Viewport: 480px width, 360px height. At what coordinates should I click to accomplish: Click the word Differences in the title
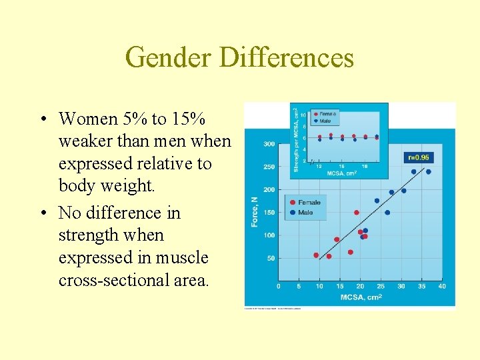click(x=286, y=57)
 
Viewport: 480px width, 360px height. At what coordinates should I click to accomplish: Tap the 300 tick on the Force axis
click(x=269, y=144)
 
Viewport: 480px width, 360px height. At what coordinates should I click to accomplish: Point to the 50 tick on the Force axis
click(x=270, y=258)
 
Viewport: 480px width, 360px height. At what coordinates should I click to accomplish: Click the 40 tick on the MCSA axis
click(x=441, y=287)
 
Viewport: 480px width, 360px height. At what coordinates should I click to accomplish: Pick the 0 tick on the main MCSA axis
click(x=279, y=287)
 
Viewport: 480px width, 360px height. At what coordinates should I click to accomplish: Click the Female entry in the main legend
click(x=308, y=203)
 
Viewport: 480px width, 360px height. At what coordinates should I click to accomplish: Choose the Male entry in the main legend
click(x=305, y=213)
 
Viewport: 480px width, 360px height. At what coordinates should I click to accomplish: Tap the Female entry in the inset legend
click(x=327, y=114)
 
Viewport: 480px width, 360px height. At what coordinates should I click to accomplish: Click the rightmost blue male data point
click(x=428, y=172)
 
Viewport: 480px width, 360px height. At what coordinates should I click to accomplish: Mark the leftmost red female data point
click(x=316, y=255)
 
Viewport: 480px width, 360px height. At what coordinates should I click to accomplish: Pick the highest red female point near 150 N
click(x=356, y=213)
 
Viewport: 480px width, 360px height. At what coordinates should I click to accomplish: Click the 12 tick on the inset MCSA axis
click(x=319, y=166)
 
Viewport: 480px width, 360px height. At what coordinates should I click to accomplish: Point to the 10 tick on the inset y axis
click(x=303, y=115)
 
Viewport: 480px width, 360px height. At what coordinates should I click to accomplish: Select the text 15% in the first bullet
click(x=188, y=119)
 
